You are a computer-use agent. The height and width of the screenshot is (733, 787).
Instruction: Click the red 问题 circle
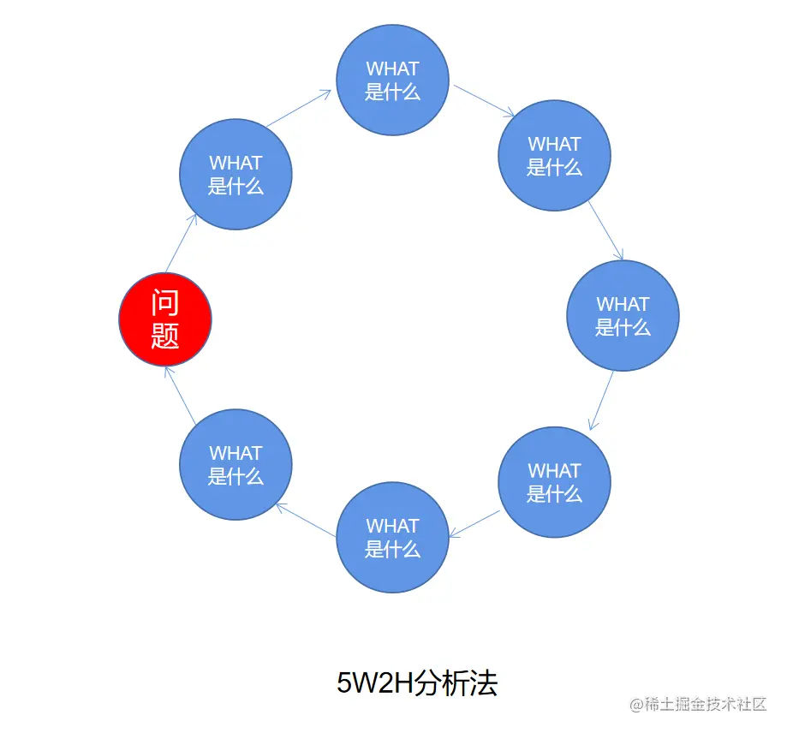pyautogui.click(x=164, y=319)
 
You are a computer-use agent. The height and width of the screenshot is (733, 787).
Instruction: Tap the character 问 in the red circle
pyautogui.click(x=164, y=303)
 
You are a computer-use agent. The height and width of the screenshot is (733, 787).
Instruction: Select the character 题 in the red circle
pyautogui.click(x=164, y=336)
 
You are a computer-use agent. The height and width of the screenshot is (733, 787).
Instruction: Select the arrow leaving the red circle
pyautogui.click(x=182, y=242)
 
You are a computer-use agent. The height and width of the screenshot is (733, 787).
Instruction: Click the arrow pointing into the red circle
pyautogui.click(x=180, y=393)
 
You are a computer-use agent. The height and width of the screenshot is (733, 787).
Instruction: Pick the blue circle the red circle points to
pyautogui.click(x=236, y=174)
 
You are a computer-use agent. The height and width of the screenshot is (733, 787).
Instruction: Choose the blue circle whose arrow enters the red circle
pyautogui.click(x=236, y=464)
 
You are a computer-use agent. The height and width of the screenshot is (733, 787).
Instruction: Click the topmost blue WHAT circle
pyautogui.click(x=393, y=80)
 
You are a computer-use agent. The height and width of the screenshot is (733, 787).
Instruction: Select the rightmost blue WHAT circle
pyautogui.click(x=623, y=315)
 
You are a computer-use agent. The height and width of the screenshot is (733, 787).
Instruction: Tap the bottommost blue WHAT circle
pyautogui.click(x=393, y=537)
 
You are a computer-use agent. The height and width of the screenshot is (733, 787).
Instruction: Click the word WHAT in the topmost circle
pyautogui.click(x=393, y=69)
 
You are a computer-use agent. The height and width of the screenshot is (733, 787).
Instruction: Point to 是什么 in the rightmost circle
pyautogui.click(x=623, y=327)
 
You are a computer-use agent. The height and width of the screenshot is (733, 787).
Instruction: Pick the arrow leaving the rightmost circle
pyautogui.click(x=601, y=400)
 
